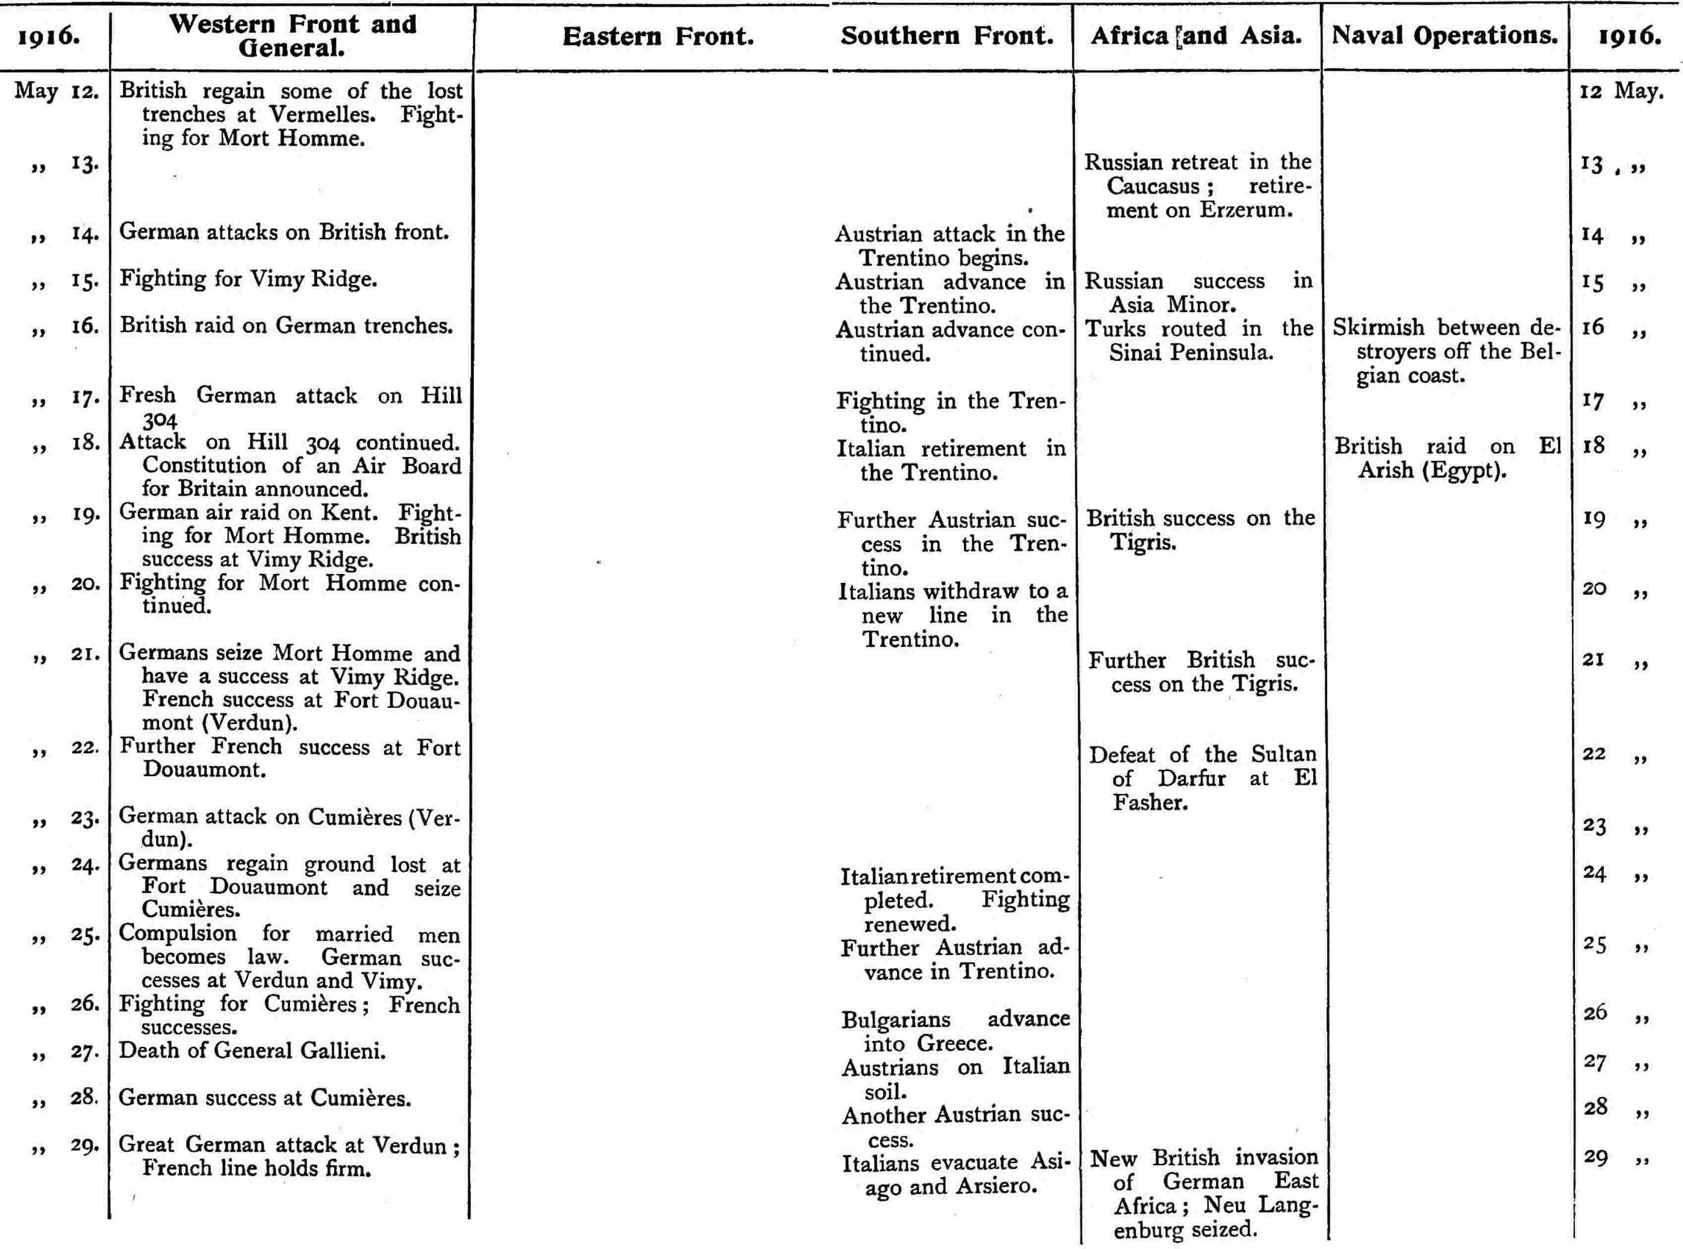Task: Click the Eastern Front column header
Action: pyautogui.click(x=658, y=36)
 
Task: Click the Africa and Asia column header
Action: pyautogui.click(x=1196, y=36)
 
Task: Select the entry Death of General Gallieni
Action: pyautogui.click(x=252, y=1050)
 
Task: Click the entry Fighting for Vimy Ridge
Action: pyautogui.click(x=248, y=279)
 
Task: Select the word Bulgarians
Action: pyautogui.click(x=896, y=1019)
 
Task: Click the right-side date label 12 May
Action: pyautogui.click(x=1622, y=92)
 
